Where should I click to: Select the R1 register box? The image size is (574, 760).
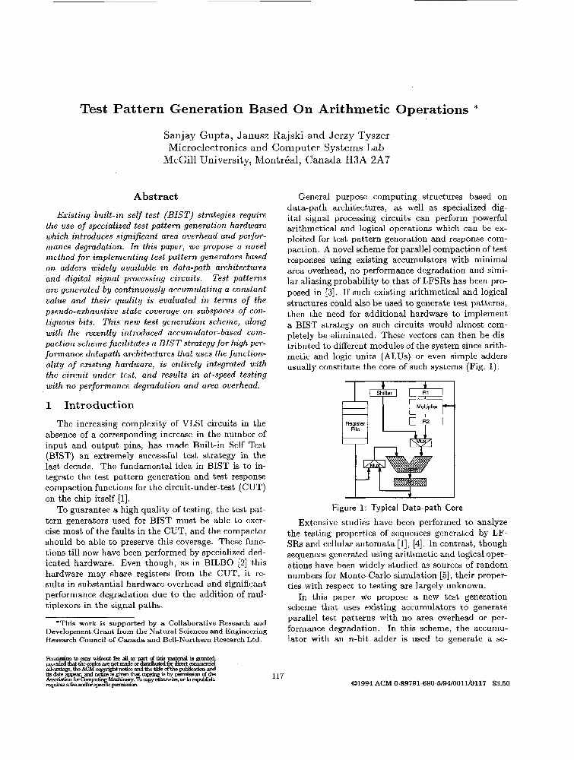pyautogui.click(x=426, y=393)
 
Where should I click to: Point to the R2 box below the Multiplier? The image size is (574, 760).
pyautogui.click(x=426, y=421)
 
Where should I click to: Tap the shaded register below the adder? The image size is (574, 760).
pyautogui.click(x=410, y=482)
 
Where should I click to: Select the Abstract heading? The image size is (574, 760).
pyautogui.click(x=155, y=196)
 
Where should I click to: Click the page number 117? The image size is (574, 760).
pyautogui.click(x=278, y=676)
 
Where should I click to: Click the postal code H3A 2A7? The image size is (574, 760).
pyautogui.click(x=369, y=160)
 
